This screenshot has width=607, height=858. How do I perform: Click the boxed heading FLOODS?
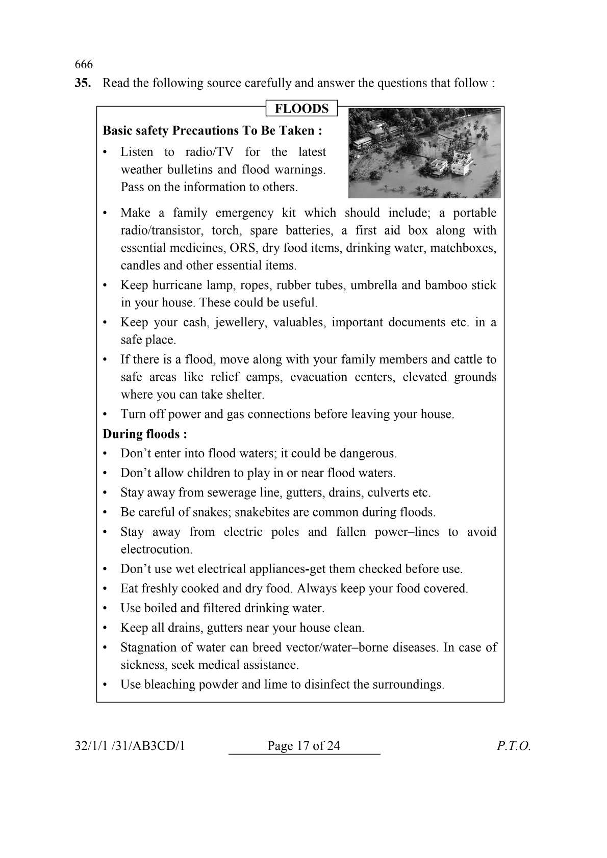point(301,109)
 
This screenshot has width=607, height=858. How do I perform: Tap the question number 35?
point(83,83)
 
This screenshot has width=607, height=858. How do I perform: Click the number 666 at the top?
point(84,64)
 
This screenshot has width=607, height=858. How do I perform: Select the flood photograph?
point(424,153)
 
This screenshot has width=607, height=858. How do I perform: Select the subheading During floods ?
point(145,434)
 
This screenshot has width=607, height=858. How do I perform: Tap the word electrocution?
point(156,550)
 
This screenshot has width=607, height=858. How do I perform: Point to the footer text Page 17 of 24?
point(303,746)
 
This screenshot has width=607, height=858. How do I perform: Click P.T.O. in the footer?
point(514,746)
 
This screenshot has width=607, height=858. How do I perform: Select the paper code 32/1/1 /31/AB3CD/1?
point(130,746)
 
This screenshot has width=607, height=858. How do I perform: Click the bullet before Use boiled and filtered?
point(105,609)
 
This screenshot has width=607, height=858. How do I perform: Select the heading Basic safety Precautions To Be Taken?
point(212,131)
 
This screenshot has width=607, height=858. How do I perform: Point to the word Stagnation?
point(149,647)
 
